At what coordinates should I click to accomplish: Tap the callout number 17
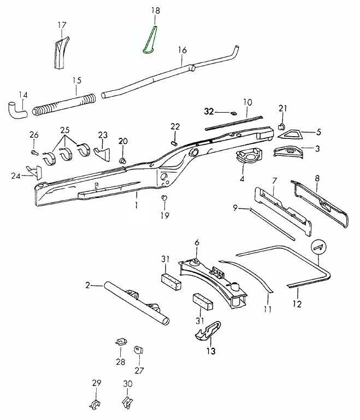62,25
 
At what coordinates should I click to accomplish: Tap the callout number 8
317,178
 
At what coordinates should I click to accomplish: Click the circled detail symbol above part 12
317,247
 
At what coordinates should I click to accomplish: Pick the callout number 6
197,243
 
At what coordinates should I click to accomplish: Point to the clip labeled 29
96,405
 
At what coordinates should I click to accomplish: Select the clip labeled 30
127,405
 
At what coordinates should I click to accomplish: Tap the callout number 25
65,131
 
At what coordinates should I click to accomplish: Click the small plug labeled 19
163,197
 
